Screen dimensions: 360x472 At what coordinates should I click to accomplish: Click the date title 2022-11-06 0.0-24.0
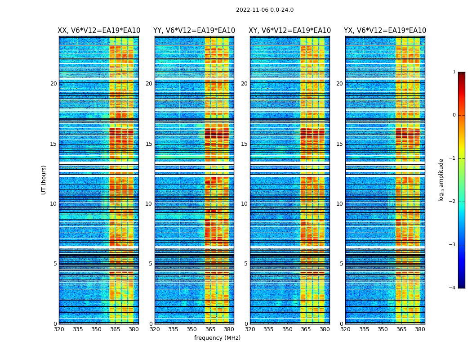[x=265, y=10]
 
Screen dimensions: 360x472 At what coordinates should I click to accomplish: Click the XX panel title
[x=99, y=31]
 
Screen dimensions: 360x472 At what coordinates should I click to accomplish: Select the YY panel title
[x=194, y=31]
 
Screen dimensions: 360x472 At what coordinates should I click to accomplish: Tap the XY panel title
[x=290, y=31]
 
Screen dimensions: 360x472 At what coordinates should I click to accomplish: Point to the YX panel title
[x=385, y=31]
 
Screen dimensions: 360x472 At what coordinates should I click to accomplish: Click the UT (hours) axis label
[x=44, y=180]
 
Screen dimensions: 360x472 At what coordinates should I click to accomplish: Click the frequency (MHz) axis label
[x=217, y=338]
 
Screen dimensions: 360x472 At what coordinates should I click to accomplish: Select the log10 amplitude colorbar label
[x=441, y=180]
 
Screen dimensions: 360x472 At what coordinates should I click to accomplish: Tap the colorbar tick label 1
[x=454, y=72]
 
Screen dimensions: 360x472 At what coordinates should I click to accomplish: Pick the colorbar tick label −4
[x=453, y=288]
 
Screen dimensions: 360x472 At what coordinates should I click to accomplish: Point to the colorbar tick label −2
[x=453, y=202]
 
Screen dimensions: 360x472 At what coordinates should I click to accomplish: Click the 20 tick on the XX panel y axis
[x=53, y=84]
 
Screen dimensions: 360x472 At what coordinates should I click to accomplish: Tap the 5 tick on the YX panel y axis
[x=342, y=264]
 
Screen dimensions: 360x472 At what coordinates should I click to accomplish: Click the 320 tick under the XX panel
[x=59, y=329]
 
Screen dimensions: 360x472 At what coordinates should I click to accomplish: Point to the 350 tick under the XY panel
[x=287, y=329]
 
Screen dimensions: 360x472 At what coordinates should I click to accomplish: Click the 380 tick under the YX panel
[x=420, y=329]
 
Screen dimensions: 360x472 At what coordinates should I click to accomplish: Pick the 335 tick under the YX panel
[x=364, y=329]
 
